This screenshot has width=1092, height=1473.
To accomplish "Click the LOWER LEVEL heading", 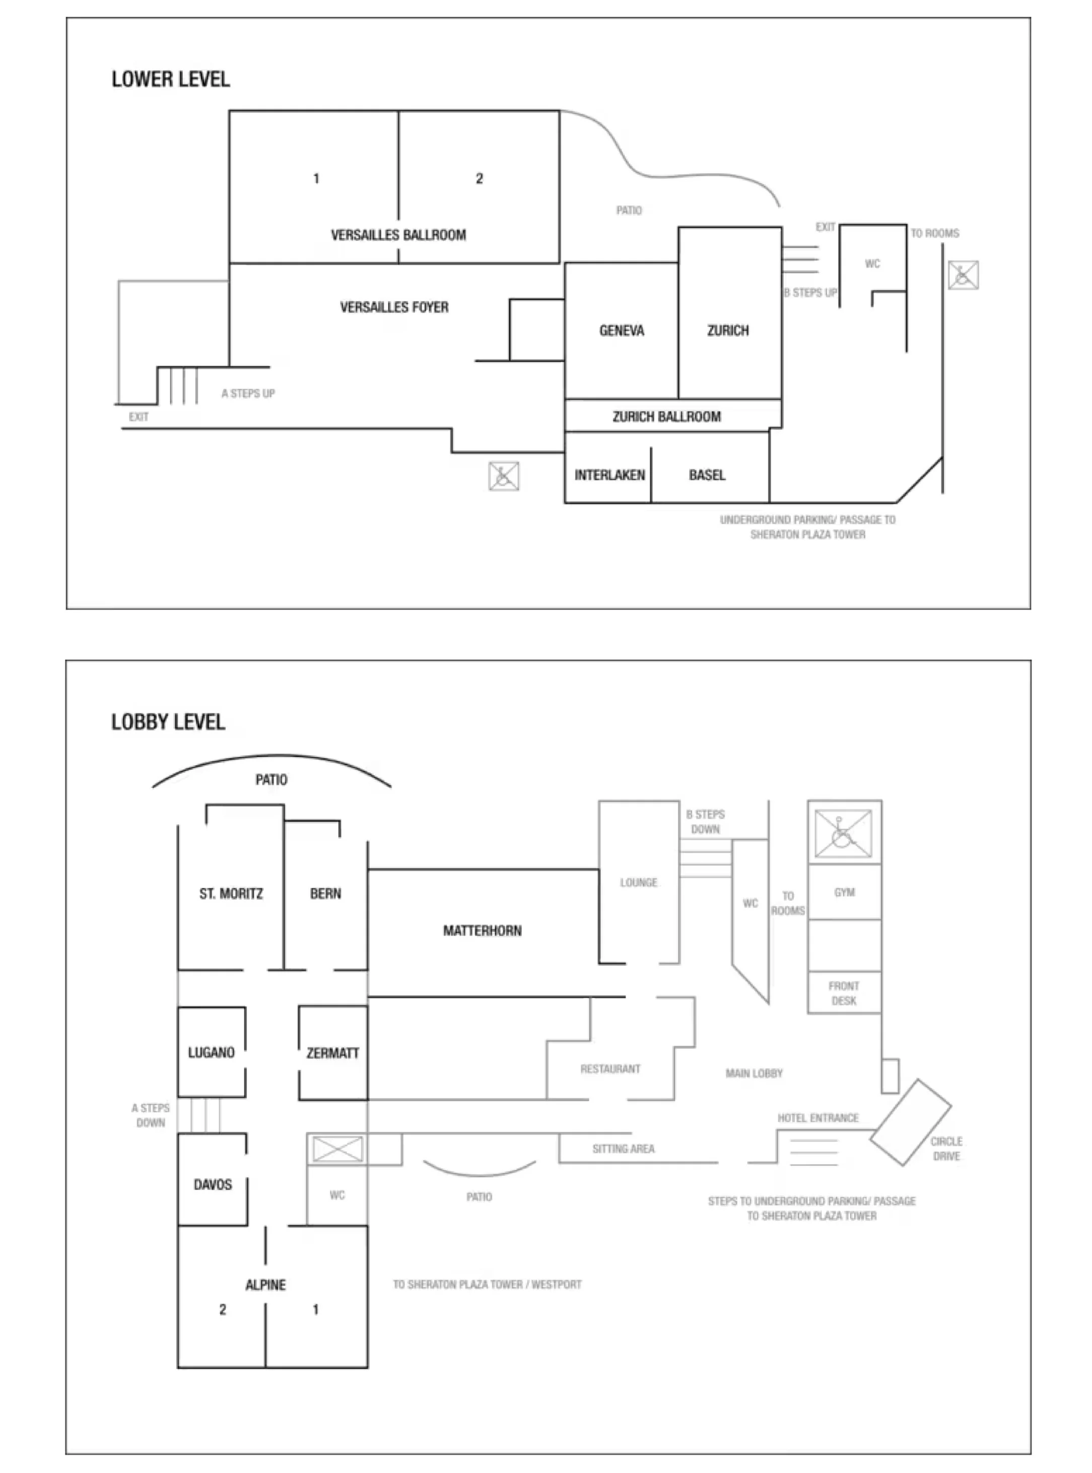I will pos(171,79).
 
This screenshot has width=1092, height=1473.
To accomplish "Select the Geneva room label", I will pos(622,331).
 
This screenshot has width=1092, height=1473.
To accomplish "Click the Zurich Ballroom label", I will pos(666,417).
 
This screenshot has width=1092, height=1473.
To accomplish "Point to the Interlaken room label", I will pos(609,475).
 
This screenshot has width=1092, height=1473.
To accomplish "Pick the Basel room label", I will pos(707,475).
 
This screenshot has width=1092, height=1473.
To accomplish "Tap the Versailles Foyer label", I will pos(394,307).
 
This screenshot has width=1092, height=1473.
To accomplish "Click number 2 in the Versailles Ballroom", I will pos(479,178).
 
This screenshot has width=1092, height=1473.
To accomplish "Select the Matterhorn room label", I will pos(482,931).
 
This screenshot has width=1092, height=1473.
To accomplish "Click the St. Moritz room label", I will pos(231,894).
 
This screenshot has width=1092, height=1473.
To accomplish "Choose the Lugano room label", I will pos(211,1053).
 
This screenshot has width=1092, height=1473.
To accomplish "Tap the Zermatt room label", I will pos(332,1053).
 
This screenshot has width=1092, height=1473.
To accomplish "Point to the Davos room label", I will pos(212,1185).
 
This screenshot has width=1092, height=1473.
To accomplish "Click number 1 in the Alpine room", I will pos(315,1310).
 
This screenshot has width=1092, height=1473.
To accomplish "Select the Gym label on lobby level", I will pos(844,892).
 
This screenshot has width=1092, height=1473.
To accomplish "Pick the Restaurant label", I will pos(610,1069).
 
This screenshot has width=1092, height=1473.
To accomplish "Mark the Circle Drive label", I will pos(946,1149).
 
